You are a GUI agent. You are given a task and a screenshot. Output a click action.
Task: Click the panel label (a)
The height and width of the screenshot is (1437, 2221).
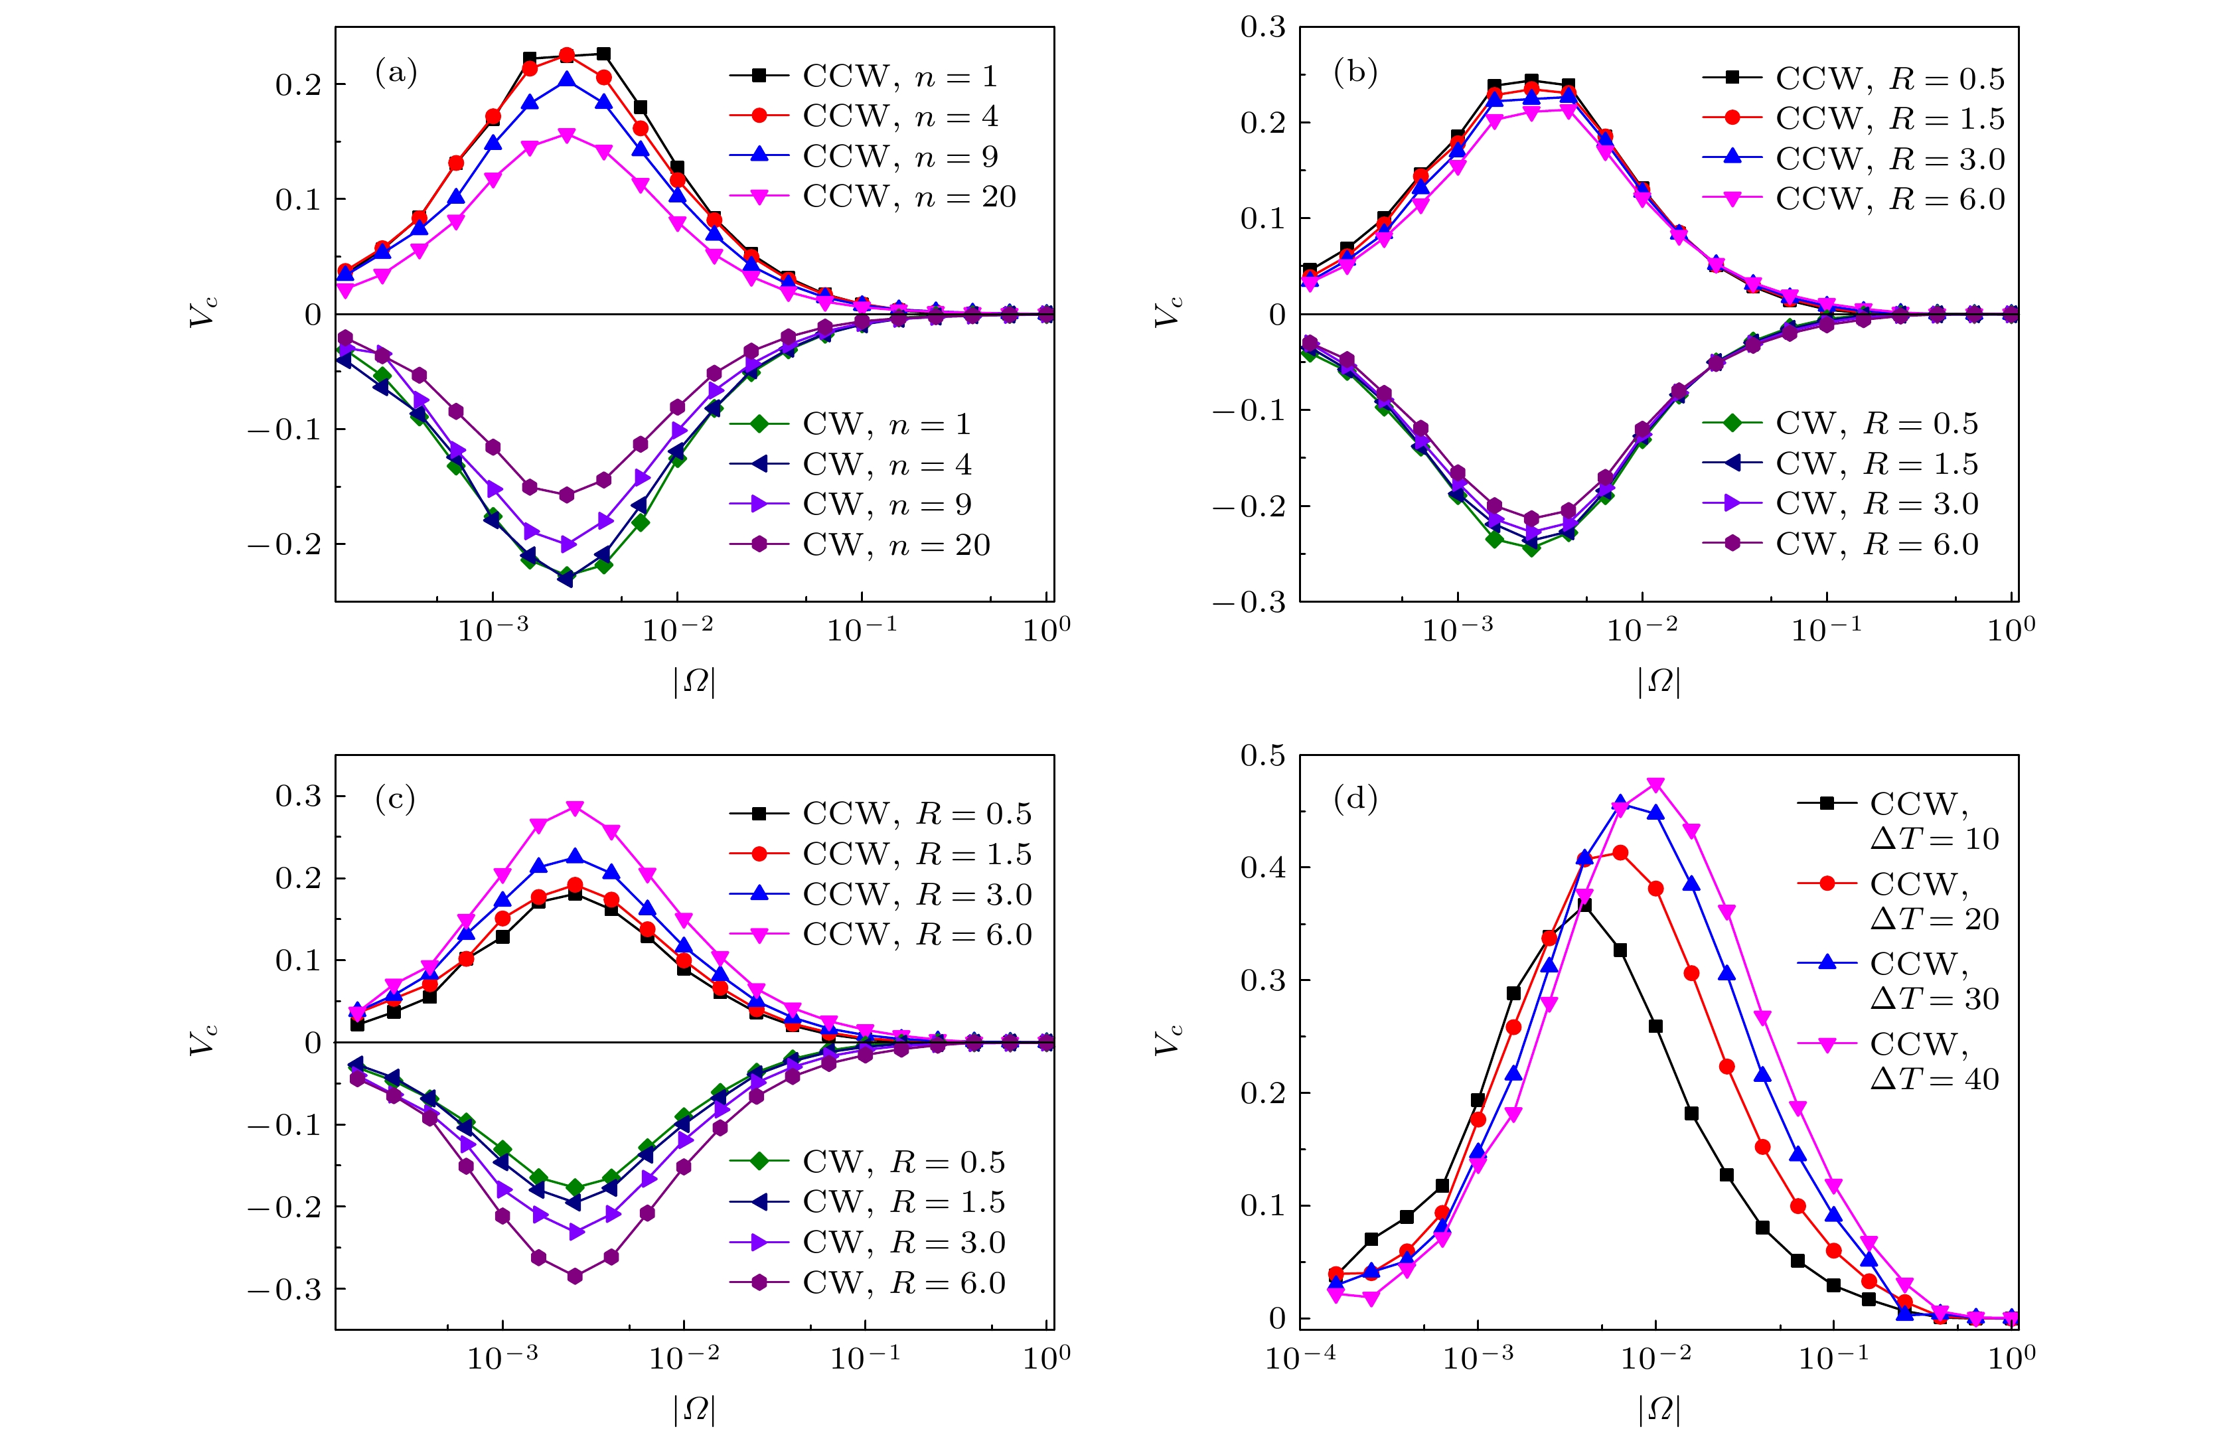pos(396,72)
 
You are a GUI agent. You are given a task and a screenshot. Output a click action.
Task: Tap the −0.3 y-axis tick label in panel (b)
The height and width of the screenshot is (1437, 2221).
pos(1249,603)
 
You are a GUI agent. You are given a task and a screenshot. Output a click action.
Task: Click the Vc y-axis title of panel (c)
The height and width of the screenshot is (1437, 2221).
pos(203,1037)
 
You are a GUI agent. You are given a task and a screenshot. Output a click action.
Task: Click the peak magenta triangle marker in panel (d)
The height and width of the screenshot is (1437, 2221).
pos(1656,785)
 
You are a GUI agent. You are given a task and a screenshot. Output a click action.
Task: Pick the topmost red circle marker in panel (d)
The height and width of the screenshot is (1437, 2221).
pos(1620,853)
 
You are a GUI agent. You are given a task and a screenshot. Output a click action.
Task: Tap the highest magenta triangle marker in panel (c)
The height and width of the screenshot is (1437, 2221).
pos(575,808)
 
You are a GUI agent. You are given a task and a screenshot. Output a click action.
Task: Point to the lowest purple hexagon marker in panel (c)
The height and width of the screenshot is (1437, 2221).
pos(575,1276)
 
